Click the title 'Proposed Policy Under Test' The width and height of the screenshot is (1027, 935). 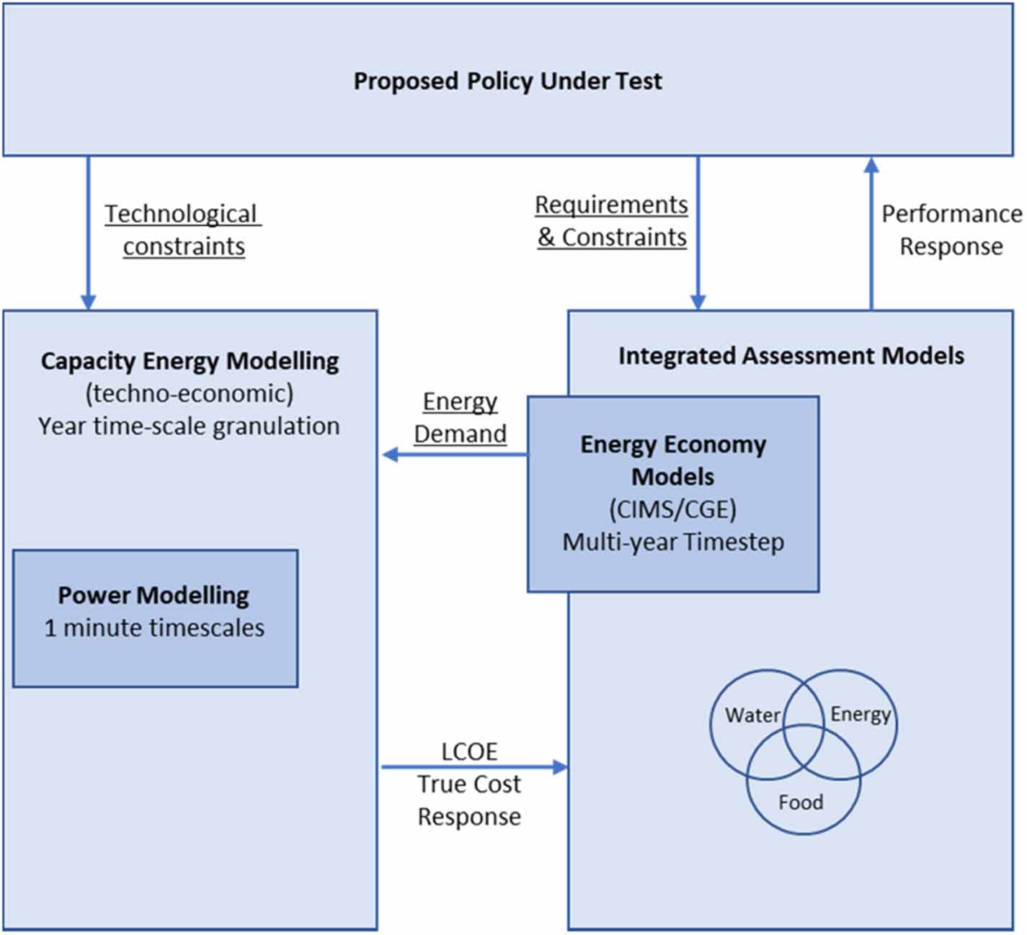coord(507,81)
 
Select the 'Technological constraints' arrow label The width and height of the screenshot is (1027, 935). coord(183,231)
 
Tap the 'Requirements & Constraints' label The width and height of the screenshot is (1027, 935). coord(611,221)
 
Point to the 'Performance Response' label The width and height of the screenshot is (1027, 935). coord(952,231)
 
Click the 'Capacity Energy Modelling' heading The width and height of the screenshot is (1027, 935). coord(190,362)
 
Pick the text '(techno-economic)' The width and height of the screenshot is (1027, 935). coord(190,394)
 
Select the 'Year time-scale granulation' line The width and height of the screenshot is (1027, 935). coord(189,426)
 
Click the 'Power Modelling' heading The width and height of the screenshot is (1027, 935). coord(154,595)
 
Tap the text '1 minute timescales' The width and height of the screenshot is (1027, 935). coord(154,628)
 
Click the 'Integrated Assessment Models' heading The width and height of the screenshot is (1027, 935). coord(791,356)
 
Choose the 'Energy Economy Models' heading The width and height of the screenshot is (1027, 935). coord(672,460)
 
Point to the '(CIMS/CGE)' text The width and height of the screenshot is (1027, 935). coord(672,510)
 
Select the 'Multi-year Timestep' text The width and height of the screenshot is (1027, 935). coord(672,542)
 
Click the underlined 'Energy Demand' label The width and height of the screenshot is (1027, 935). coord(461,418)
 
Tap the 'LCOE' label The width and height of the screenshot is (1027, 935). coord(469,752)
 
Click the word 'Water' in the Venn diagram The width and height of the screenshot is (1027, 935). coord(752,715)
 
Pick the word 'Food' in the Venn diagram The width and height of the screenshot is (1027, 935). coord(801,802)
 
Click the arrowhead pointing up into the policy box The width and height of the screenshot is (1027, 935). coord(871,165)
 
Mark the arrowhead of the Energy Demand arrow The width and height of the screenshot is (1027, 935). coord(390,455)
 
